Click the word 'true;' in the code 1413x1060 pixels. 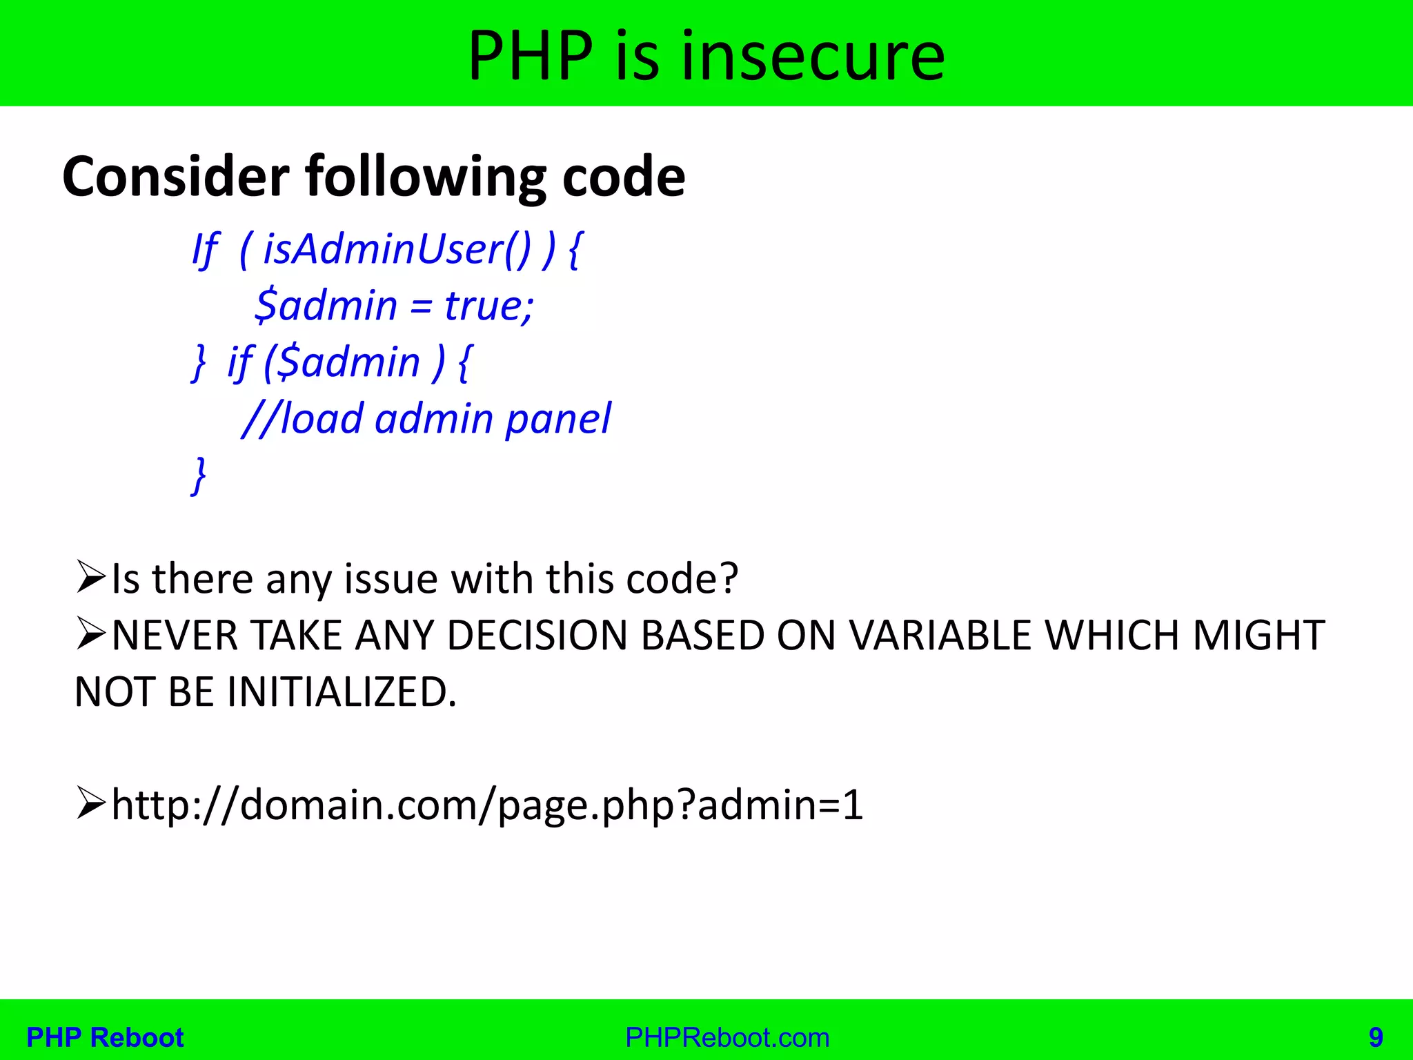click(x=488, y=305)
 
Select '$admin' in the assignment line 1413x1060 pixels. click(x=326, y=305)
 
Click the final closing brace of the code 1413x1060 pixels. click(x=199, y=475)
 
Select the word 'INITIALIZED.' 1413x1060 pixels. click(x=342, y=691)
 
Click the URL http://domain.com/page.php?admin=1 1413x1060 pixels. click(x=487, y=805)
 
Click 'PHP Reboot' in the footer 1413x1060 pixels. click(x=105, y=1037)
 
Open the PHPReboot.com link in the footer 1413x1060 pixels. click(x=727, y=1037)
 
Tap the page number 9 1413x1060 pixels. click(x=1376, y=1037)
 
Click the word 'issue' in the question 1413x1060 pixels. click(x=391, y=578)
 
